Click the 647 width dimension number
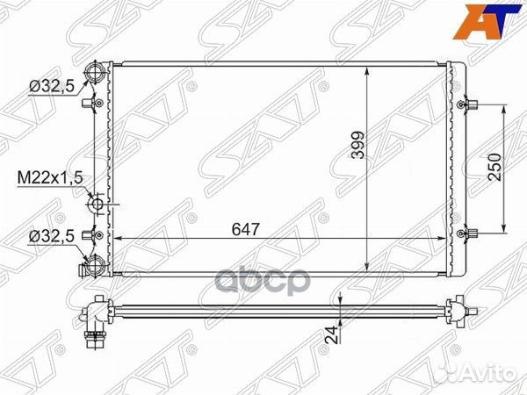[246, 229]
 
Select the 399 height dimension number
[358, 145]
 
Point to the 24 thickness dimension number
[333, 334]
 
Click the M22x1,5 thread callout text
[50, 178]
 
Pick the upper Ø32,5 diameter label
[52, 87]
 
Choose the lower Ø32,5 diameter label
[52, 237]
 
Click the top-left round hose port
[95, 71]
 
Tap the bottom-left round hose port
[95, 264]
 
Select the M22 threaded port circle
[97, 205]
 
